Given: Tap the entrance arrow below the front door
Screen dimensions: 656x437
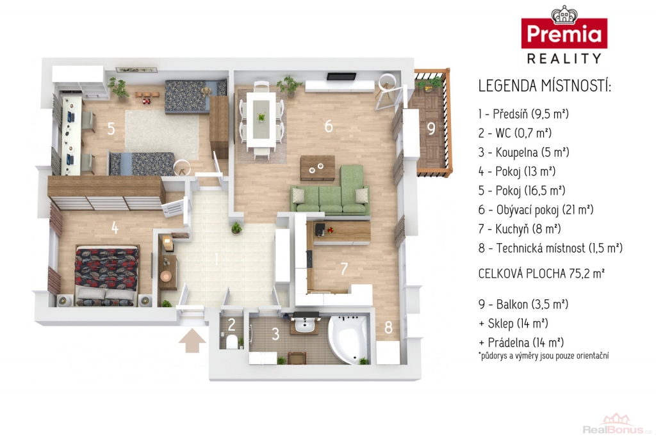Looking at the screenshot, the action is (192, 341).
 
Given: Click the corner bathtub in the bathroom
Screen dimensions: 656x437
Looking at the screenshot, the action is (348, 339).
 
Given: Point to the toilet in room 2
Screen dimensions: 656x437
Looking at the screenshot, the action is (231, 341).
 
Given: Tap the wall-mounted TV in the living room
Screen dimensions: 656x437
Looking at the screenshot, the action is (341, 76).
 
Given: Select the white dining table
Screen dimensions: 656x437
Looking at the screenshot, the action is (261, 119).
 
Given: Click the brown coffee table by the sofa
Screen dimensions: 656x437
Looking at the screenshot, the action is (318, 168).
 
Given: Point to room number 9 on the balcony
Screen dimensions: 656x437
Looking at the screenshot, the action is (431, 128).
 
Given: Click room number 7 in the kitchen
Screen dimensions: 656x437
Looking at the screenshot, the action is (344, 269).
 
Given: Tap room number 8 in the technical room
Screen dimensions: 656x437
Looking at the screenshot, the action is (388, 328).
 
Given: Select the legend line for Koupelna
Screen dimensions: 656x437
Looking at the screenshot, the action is (524, 152).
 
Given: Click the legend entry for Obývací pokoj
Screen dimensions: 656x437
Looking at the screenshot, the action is (536, 210).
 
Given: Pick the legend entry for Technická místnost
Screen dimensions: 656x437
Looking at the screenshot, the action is (550, 248).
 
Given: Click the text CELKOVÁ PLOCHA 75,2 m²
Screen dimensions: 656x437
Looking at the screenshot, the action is (541, 274).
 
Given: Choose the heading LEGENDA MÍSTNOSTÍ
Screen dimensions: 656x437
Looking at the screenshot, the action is (545, 86).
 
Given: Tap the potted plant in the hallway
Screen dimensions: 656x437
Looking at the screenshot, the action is (236, 228).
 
